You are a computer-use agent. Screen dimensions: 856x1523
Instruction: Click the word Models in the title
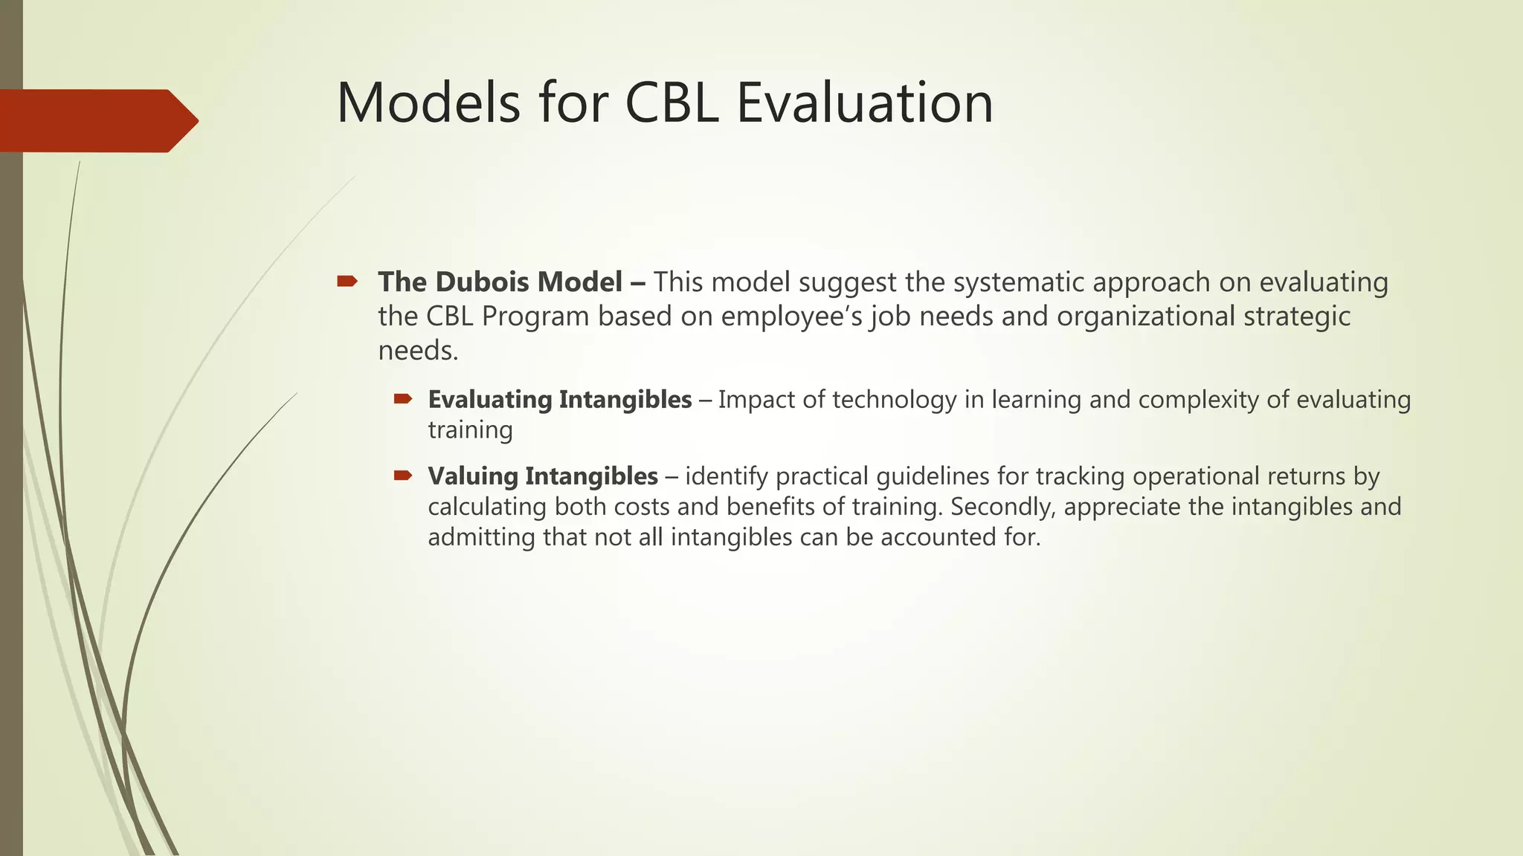(428, 103)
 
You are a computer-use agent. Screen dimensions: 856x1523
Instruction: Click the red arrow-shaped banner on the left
(97, 121)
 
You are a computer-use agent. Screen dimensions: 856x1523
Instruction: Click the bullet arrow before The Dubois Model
(347, 282)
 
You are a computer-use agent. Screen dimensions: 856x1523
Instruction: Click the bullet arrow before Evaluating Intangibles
(403, 400)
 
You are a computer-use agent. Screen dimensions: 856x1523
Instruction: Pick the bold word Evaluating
(489, 400)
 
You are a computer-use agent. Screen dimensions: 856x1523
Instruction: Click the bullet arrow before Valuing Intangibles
(403, 476)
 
